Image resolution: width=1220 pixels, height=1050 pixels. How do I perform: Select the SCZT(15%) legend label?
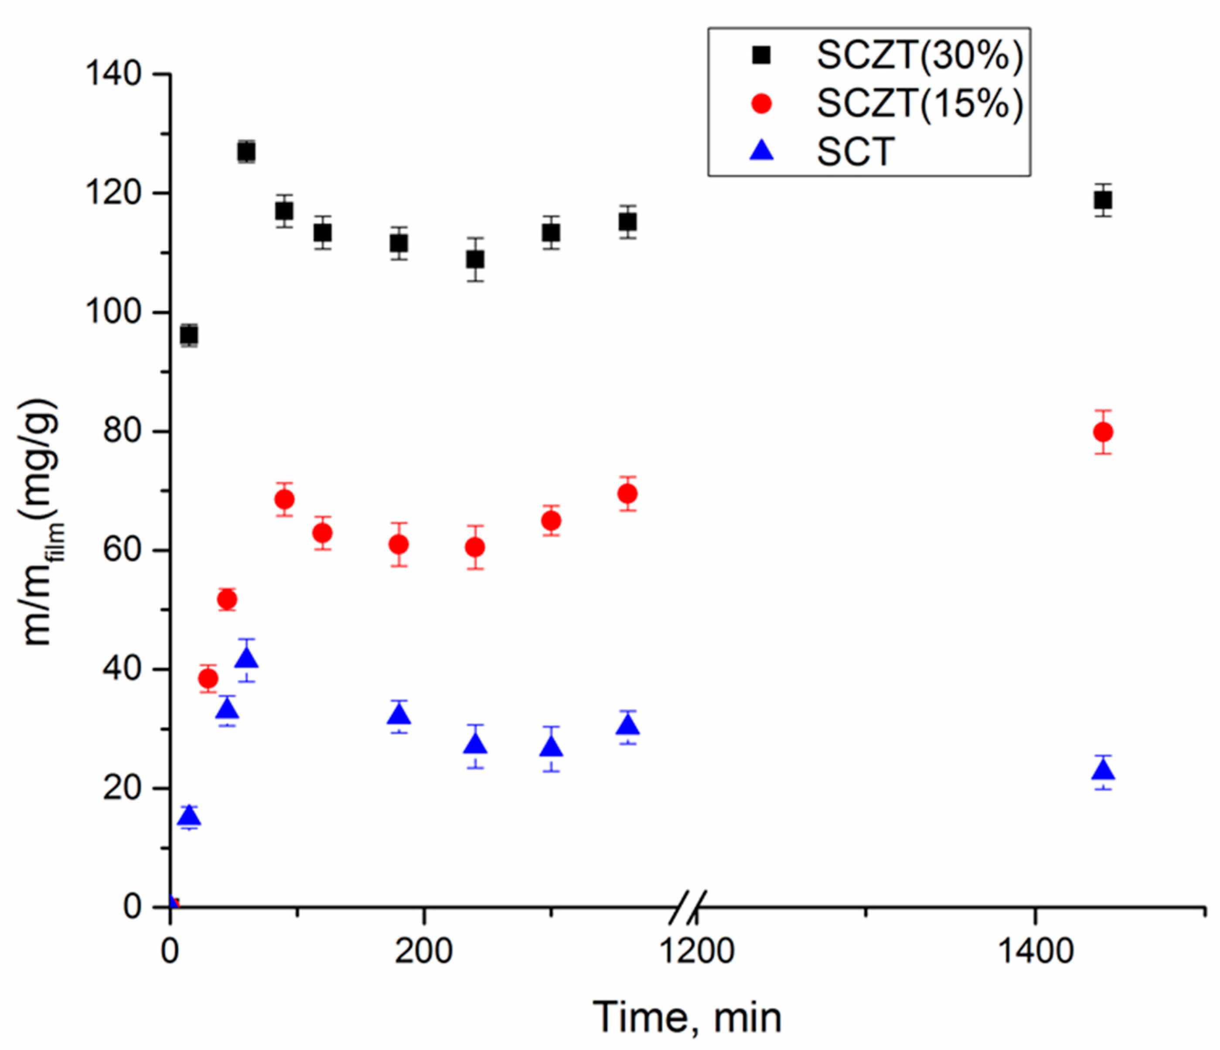pyautogui.click(x=920, y=104)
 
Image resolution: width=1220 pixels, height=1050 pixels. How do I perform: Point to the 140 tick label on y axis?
pyautogui.click(x=114, y=74)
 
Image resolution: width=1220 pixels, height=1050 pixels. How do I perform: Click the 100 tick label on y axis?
pyautogui.click(x=114, y=312)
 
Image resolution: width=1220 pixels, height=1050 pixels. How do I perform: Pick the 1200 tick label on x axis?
pyautogui.click(x=697, y=952)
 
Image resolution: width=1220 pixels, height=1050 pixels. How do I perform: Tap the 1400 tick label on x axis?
pyautogui.click(x=1036, y=952)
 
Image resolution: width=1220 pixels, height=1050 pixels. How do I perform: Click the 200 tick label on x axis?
pyautogui.click(x=423, y=952)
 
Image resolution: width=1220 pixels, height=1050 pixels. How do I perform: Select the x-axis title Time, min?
pyautogui.click(x=687, y=1018)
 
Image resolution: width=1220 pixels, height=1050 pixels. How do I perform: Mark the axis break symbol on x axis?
pyautogui.click(x=688, y=907)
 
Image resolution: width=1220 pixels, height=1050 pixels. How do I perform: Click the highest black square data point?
pyautogui.click(x=246, y=152)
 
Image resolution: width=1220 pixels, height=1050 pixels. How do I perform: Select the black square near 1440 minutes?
pyautogui.click(x=1103, y=200)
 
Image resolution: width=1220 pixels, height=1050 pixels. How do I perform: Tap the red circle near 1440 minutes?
pyautogui.click(x=1103, y=432)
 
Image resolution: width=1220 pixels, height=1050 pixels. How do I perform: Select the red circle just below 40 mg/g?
pyautogui.click(x=208, y=679)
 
